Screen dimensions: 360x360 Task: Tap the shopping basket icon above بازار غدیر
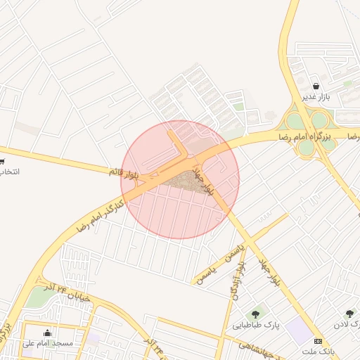pyautogui.click(x=316, y=86)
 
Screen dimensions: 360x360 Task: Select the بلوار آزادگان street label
pyautogui.click(x=237, y=281)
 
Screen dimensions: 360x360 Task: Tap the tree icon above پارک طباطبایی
pyautogui.click(x=254, y=314)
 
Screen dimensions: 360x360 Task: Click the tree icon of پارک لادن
pyautogui.click(x=349, y=314)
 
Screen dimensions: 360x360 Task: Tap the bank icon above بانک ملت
pyautogui.click(x=318, y=340)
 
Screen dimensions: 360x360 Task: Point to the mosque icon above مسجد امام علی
pyautogui.click(x=47, y=333)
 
